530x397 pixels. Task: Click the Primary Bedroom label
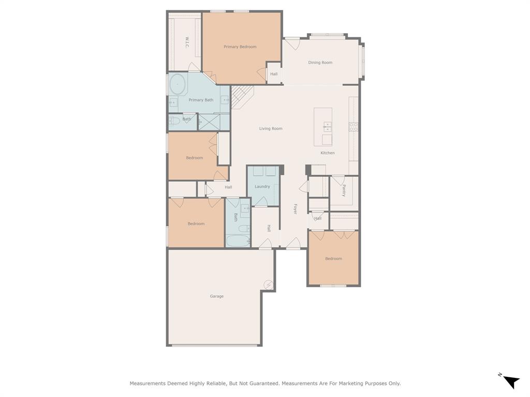click(x=240, y=47)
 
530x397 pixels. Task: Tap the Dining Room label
click(x=320, y=63)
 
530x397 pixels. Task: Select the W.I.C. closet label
click(x=186, y=42)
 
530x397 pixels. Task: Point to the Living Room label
click(x=271, y=129)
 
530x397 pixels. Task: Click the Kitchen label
click(x=327, y=153)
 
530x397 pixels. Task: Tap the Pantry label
click(x=344, y=191)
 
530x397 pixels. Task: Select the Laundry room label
click(x=262, y=187)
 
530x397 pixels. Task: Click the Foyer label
click(x=296, y=209)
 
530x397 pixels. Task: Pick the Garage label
click(x=216, y=297)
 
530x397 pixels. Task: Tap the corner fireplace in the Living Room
click(x=240, y=97)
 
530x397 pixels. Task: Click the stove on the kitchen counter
click(x=354, y=127)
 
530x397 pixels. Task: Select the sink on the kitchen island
click(x=328, y=126)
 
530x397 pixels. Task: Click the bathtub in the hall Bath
click(x=238, y=241)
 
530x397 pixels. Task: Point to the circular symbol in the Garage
click(x=268, y=284)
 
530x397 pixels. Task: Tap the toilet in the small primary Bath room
click(x=174, y=121)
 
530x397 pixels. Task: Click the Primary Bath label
click(x=201, y=100)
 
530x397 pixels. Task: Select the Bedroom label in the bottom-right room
click(x=333, y=259)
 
